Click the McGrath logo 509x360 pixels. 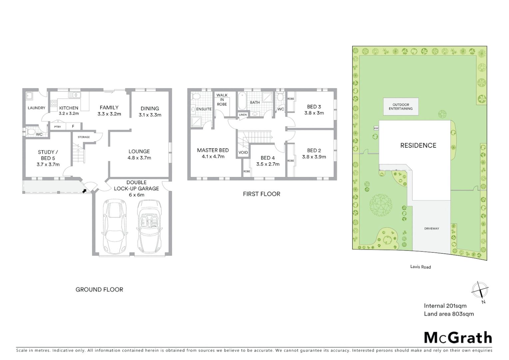point(458,338)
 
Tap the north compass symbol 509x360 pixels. point(480,290)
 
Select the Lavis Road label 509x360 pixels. point(420,267)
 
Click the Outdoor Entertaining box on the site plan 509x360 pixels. point(401,107)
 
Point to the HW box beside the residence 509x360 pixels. point(376,128)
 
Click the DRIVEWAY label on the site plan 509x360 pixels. point(431,229)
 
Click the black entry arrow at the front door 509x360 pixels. point(85,191)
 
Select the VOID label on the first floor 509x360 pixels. point(243,152)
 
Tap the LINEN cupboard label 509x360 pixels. point(243,115)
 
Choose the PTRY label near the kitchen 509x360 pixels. point(57,127)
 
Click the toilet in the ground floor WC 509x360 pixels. point(31,132)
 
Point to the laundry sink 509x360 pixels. point(29,96)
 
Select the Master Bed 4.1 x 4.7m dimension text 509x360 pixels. point(213,156)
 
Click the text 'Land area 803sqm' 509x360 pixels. point(449,314)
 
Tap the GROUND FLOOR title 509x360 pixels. point(99,290)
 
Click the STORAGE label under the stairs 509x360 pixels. point(84,137)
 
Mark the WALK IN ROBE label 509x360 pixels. point(222,100)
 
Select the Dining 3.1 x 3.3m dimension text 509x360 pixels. point(150,115)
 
